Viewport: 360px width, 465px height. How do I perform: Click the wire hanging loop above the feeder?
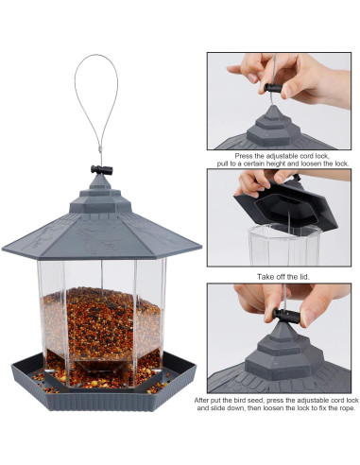coord(81,95)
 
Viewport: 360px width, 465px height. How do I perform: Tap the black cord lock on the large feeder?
coord(101,170)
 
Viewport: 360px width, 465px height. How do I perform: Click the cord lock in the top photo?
coord(274,88)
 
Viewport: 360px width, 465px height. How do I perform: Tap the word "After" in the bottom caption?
coord(204,401)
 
